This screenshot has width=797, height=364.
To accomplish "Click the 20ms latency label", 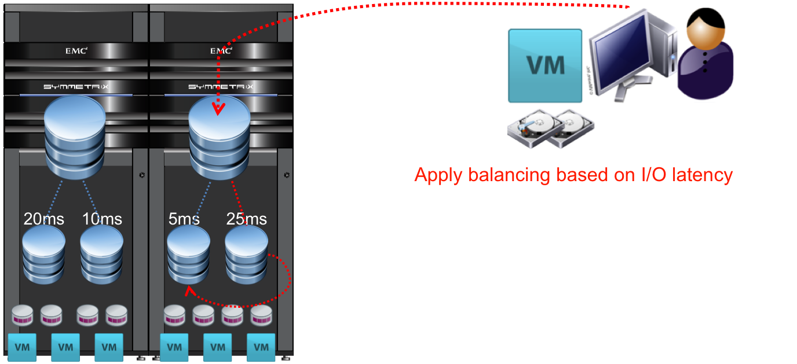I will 44,219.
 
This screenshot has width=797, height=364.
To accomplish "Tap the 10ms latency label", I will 102,219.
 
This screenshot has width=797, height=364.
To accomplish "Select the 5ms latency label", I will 184,219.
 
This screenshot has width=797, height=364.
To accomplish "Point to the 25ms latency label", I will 246,219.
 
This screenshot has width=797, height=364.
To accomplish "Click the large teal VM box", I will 545,66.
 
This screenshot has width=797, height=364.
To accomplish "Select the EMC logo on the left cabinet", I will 76,51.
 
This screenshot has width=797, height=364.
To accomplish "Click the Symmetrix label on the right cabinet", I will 221,87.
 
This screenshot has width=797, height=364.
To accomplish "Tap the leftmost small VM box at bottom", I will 21,347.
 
